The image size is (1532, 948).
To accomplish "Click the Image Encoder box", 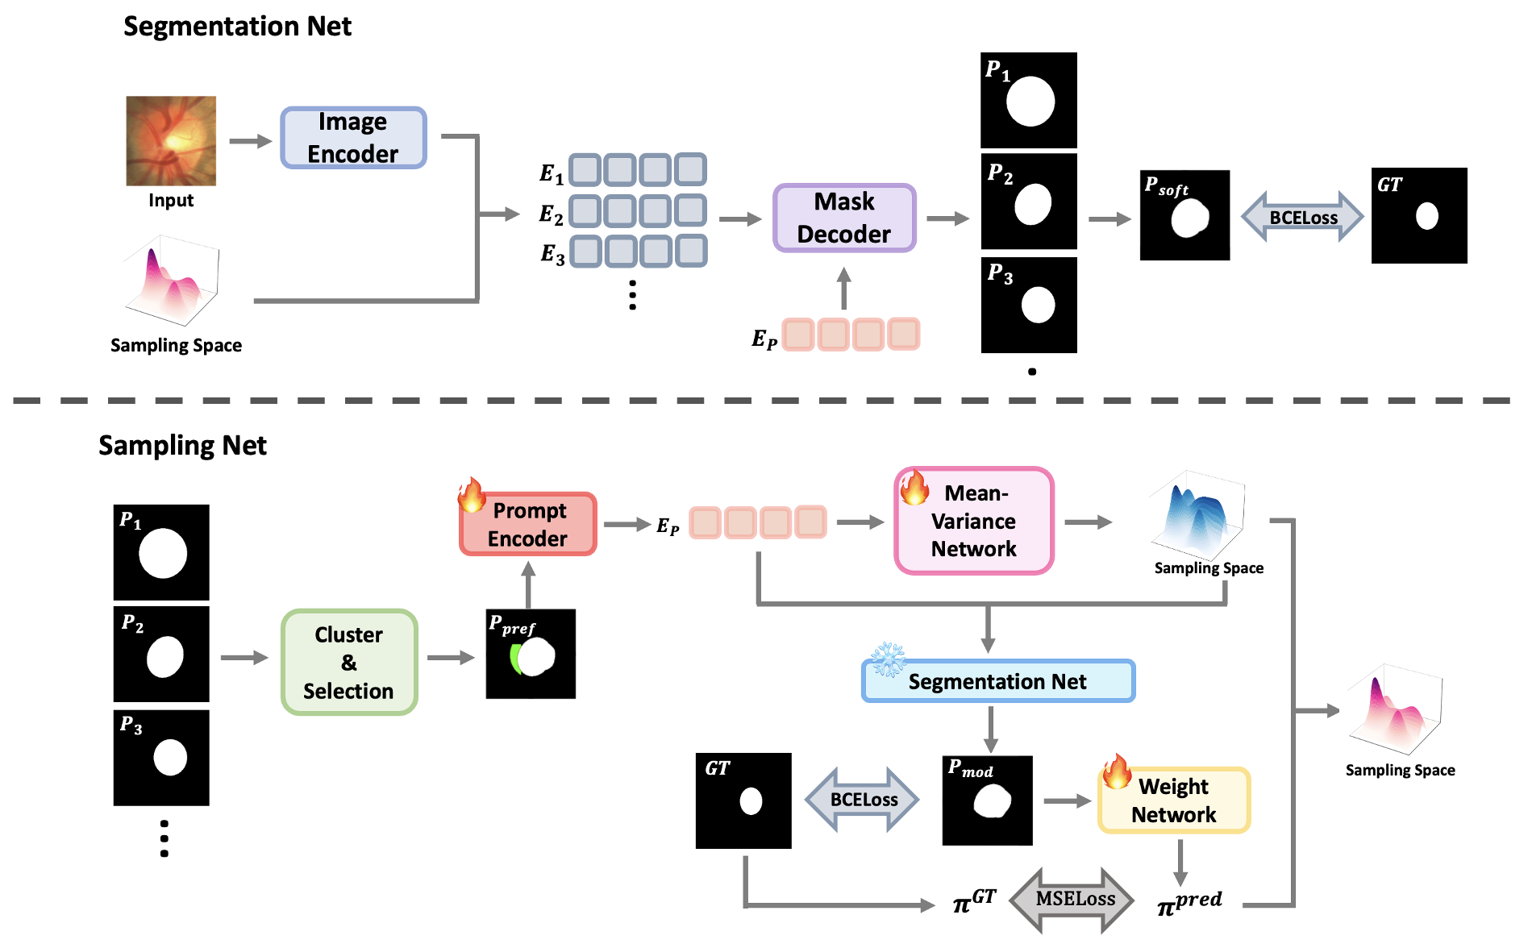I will [353, 138].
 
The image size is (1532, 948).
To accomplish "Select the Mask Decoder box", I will [844, 218].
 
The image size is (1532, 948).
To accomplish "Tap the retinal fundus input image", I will [171, 141].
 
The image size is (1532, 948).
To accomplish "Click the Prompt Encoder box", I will [528, 524].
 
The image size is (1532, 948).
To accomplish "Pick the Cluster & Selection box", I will [349, 662].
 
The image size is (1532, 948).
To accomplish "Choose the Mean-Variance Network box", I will [974, 521].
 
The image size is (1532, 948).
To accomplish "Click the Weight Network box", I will [1174, 800].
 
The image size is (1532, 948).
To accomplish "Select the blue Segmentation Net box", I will [998, 681].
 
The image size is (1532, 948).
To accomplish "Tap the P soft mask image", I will [1184, 215].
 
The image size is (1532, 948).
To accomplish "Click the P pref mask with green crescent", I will [531, 654].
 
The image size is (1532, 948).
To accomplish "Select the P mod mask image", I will [987, 800].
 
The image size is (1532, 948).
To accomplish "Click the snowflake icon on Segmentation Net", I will [888, 659].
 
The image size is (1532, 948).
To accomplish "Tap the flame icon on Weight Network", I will [1117, 772].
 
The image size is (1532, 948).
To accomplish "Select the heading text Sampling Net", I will [182, 446].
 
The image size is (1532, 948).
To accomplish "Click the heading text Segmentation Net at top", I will [237, 27].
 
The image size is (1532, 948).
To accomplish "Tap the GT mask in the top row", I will [1419, 215].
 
